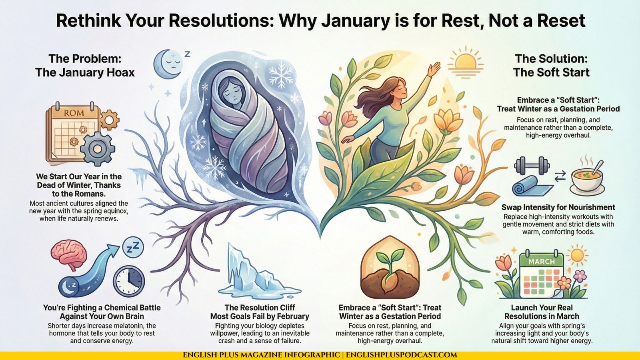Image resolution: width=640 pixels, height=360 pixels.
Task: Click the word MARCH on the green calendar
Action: click(x=542, y=262)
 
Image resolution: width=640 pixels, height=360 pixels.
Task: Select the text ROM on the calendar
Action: click(x=74, y=113)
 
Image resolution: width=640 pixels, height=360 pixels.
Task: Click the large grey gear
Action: click(x=98, y=148)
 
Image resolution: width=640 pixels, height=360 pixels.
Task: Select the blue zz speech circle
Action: click(x=133, y=248)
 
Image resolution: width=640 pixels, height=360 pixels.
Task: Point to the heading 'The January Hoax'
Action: click(x=85, y=72)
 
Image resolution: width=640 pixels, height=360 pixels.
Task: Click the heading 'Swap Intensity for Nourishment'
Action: click(x=558, y=207)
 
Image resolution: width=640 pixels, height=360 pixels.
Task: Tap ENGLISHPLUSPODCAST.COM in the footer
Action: click(x=402, y=355)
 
